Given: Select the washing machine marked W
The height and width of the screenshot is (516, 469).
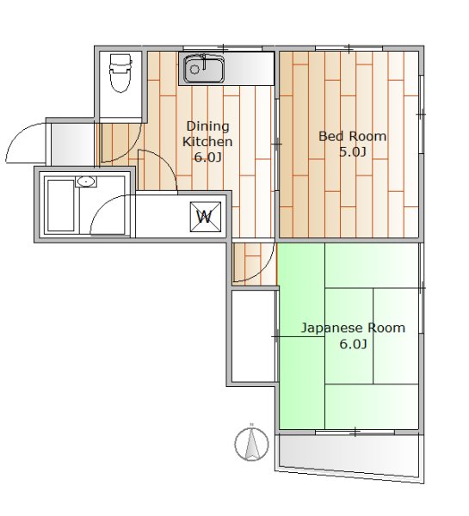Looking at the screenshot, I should [x=204, y=216].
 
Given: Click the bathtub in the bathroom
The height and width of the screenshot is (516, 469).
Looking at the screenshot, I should [x=60, y=206].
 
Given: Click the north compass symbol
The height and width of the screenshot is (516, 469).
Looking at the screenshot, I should [x=251, y=443].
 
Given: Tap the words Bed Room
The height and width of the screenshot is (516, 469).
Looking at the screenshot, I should [x=352, y=136].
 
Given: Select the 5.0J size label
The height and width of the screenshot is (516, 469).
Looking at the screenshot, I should [x=352, y=152].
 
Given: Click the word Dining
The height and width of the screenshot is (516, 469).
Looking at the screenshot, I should [x=207, y=126].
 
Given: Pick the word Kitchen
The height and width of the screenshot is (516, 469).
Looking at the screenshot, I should [x=207, y=141].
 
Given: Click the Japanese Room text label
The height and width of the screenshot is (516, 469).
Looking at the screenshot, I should [x=352, y=328].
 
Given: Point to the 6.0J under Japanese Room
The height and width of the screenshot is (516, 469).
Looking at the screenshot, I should [x=352, y=344].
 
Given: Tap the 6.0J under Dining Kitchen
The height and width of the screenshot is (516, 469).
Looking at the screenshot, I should [x=207, y=157].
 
